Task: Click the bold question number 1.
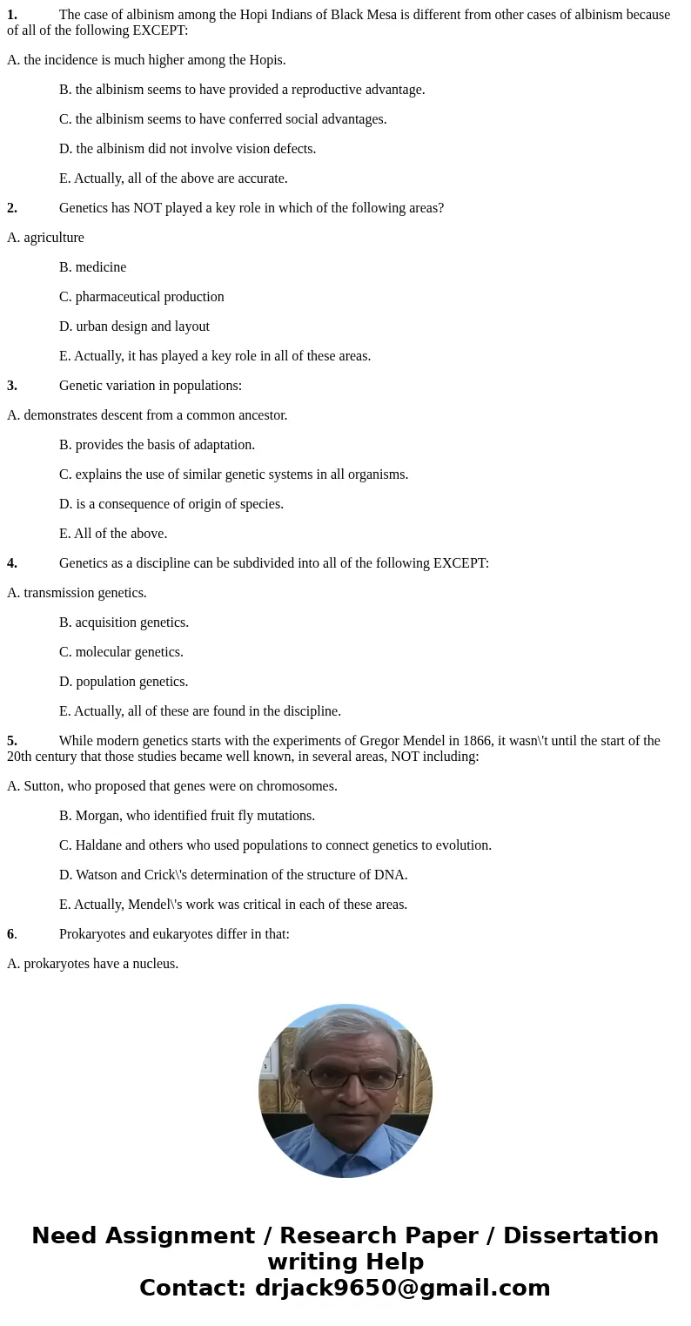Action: (x=12, y=15)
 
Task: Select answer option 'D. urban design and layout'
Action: (x=134, y=326)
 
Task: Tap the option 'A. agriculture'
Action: (x=45, y=238)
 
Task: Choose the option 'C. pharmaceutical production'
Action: (x=141, y=297)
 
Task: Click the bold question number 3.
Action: (x=12, y=386)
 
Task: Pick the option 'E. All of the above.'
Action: (x=113, y=534)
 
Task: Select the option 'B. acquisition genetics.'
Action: (x=124, y=623)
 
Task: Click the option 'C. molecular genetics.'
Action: (x=121, y=652)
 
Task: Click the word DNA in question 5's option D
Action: (x=390, y=875)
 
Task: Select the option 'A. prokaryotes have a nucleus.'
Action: (x=92, y=964)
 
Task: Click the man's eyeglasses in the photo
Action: (x=351, y=1078)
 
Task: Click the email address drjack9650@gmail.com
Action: (x=402, y=1289)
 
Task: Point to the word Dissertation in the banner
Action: (x=580, y=1236)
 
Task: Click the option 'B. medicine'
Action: (x=92, y=267)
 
